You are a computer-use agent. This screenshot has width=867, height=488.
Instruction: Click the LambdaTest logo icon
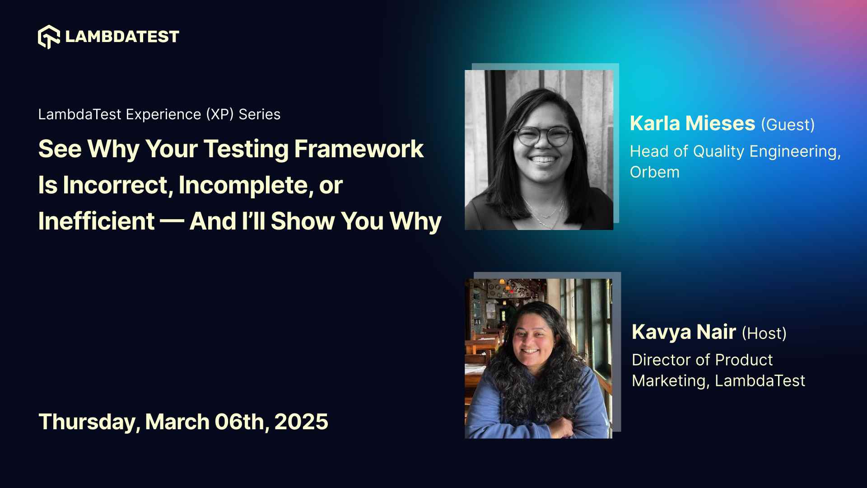coord(49,37)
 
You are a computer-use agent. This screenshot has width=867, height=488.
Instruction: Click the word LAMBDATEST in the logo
coord(122,37)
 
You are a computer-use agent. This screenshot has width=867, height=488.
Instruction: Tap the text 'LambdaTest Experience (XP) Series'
coord(159,114)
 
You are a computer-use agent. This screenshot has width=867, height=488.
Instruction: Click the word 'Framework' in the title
coord(359,149)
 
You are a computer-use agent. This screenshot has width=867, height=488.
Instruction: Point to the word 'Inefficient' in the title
coord(96,221)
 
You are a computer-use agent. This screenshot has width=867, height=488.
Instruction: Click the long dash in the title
coord(172,221)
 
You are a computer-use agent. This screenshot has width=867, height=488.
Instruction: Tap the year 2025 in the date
coord(301,422)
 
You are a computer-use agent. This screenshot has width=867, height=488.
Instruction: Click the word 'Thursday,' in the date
coord(89,422)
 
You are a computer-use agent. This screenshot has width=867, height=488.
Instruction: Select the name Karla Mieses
coord(692,123)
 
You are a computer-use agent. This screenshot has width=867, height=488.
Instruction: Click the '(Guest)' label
coord(788,125)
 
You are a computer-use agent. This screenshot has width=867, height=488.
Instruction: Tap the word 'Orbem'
coord(654,172)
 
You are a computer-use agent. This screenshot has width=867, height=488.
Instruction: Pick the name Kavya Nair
coord(684,332)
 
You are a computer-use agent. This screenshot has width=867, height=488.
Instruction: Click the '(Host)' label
coord(764,333)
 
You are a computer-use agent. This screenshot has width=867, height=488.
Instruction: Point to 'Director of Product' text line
coord(702,360)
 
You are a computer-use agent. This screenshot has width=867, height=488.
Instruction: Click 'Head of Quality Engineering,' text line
coord(735,151)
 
